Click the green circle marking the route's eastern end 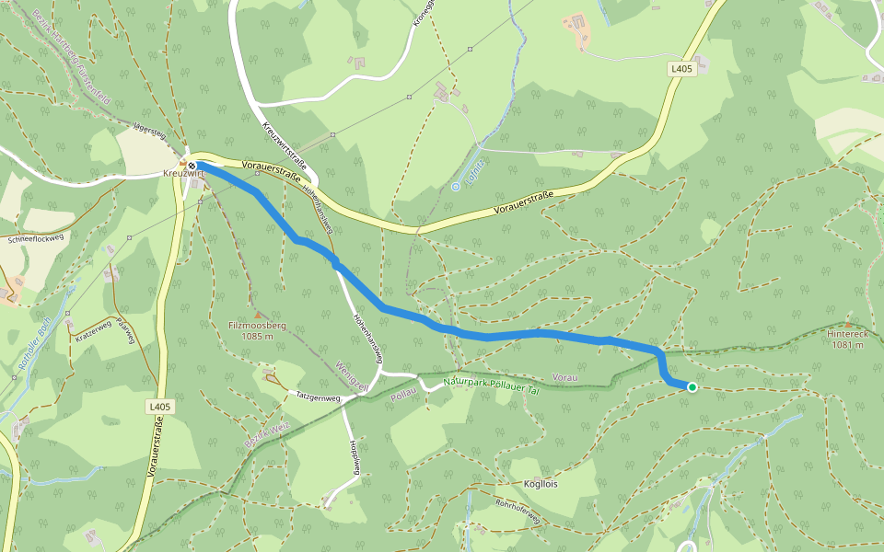tap(692, 387)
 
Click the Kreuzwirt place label tap(181, 173)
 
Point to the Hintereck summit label tap(845, 339)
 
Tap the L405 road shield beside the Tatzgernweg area tap(159, 406)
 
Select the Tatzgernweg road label tap(318, 398)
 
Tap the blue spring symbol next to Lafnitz tap(455, 186)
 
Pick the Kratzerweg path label tap(92, 331)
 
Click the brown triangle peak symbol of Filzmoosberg tap(257, 314)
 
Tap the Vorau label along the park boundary tap(565, 378)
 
